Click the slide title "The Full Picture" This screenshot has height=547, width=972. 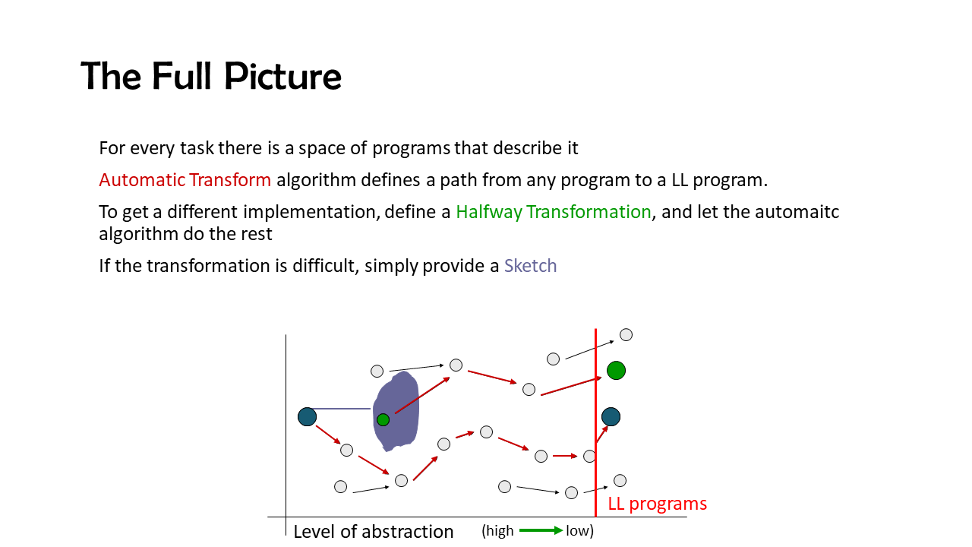pyautogui.click(x=211, y=76)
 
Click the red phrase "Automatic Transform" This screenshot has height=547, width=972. pyautogui.click(x=185, y=180)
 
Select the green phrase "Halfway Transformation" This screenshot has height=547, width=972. pyautogui.click(x=554, y=212)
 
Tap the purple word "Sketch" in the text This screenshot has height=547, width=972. pyautogui.click(x=530, y=266)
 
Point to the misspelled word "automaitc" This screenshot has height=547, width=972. pyautogui.click(x=797, y=212)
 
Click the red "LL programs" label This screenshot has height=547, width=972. pyautogui.click(x=658, y=504)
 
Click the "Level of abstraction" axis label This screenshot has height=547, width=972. pyautogui.click(x=373, y=532)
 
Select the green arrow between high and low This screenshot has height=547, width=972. pyautogui.click(x=541, y=530)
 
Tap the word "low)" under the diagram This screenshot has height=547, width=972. pyautogui.click(x=579, y=530)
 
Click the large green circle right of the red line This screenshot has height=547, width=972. pyautogui.click(x=616, y=371)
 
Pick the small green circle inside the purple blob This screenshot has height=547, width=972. pyautogui.click(x=383, y=420)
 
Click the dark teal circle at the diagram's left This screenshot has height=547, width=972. pyautogui.click(x=308, y=417)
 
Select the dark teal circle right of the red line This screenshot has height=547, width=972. pyautogui.click(x=611, y=417)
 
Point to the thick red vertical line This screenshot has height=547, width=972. pyautogui.click(x=596, y=422)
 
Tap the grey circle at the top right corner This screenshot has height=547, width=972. pyautogui.click(x=626, y=335)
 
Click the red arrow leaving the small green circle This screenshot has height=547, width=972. pyautogui.click(x=422, y=395)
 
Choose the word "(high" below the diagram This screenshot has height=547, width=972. pyautogui.click(x=497, y=530)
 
